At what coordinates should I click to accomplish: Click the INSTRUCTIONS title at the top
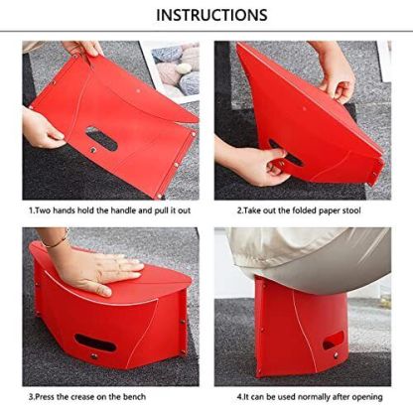pyautogui.click(x=211, y=15)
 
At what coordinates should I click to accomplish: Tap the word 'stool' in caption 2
pyautogui.click(x=349, y=210)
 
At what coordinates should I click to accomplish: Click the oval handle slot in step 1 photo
pyautogui.click(x=101, y=138)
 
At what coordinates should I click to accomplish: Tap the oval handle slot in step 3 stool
pyautogui.click(x=95, y=343)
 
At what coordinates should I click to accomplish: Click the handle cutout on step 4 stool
pyautogui.click(x=333, y=341)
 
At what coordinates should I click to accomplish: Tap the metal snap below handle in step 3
pyautogui.click(x=94, y=356)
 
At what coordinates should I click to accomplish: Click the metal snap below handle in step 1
pyautogui.click(x=93, y=150)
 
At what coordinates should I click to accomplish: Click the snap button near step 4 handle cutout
pyautogui.click(x=336, y=355)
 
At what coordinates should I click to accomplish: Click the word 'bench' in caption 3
pyautogui.click(x=134, y=396)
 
